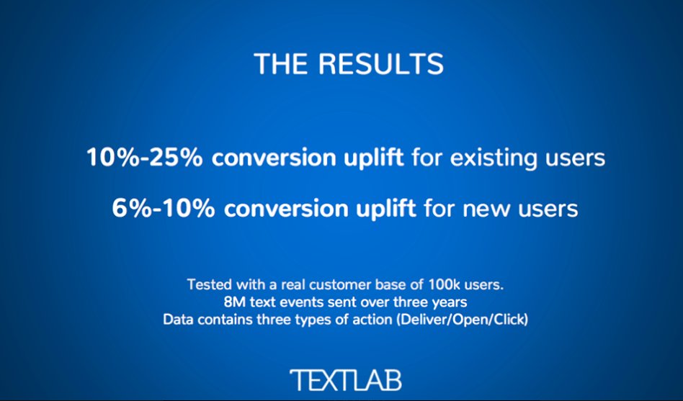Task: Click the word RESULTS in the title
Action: point(381,65)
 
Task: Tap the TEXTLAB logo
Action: point(345,379)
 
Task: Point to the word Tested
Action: point(207,284)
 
